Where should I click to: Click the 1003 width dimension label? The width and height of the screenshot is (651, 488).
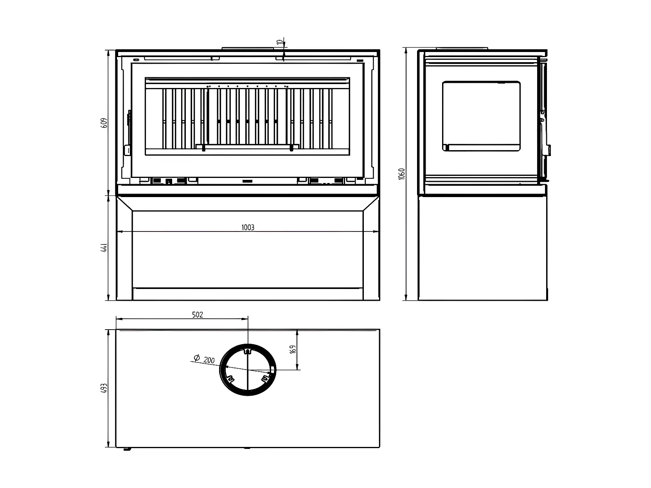pos(248,227)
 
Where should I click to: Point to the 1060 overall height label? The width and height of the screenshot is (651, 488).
pos(402,174)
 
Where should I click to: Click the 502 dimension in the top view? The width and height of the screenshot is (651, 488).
pos(198,314)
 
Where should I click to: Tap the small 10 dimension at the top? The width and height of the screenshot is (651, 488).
pos(279,42)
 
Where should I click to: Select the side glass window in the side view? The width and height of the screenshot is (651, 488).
pos(481,116)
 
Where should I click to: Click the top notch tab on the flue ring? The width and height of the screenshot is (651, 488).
pos(247,352)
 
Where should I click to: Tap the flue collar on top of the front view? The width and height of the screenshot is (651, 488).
pos(248,48)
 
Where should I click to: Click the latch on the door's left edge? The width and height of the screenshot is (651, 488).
pos(129,118)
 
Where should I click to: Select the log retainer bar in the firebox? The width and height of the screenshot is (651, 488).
pos(247,147)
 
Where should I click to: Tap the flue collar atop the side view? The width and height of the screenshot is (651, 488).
pos(462,48)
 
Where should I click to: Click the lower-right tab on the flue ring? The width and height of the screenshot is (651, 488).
pos(265,378)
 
